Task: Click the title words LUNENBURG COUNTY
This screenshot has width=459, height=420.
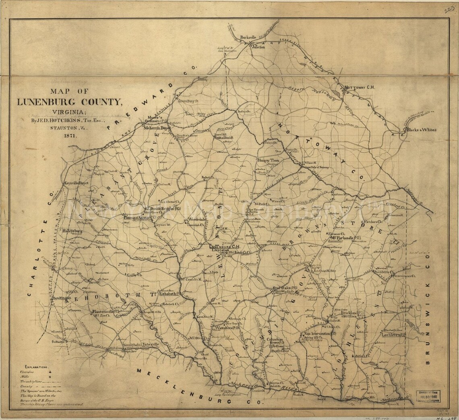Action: pyautogui.click(x=68, y=101)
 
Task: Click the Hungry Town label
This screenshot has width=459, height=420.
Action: pyautogui.click(x=271, y=160)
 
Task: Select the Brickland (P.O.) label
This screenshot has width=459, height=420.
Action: pyautogui.click(x=353, y=313)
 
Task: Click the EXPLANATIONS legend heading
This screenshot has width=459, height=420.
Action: pyautogui.click(x=36, y=368)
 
